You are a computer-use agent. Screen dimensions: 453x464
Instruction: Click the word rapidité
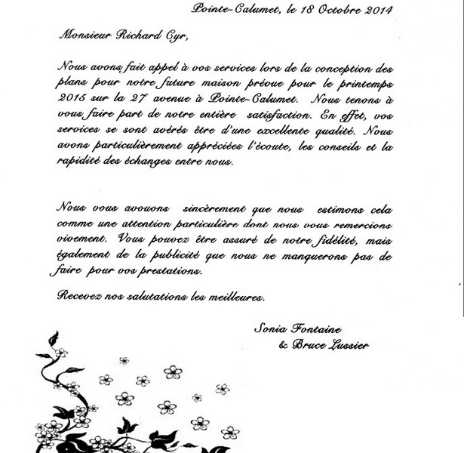82,166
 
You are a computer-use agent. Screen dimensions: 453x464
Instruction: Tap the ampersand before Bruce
284,344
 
